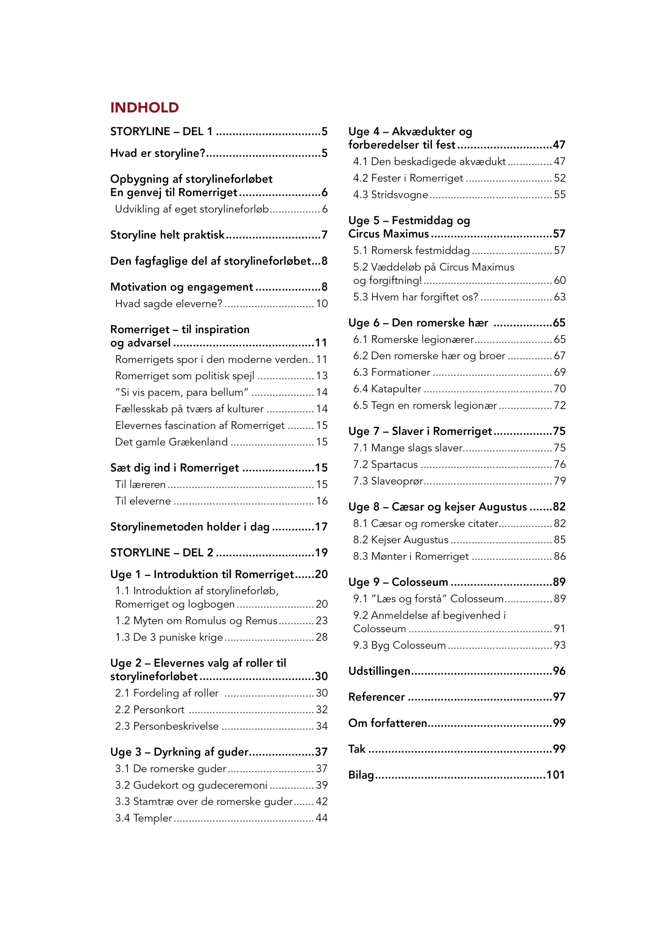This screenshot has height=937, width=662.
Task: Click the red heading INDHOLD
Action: click(x=144, y=108)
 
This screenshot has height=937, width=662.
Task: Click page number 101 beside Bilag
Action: click(x=555, y=775)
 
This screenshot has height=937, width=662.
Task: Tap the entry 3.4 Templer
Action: click(x=144, y=818)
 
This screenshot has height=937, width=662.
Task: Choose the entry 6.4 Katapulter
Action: click(x=387, y=389)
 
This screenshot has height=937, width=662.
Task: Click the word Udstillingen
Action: click(x=379, y=671)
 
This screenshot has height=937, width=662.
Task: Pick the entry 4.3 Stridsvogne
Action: click(x=390, y=195)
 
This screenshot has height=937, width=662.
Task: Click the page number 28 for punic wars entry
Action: click(x=321, y=638)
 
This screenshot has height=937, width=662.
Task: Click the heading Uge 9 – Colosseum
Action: click(x=398, y=582)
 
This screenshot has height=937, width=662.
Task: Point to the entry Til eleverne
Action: click(x=143, y=501)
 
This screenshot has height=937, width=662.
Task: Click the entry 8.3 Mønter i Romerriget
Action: click(x=411, y=557)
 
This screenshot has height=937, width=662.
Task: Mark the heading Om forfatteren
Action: click(x=387, y=723)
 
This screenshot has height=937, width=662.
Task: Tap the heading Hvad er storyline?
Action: click(x=157, y=153)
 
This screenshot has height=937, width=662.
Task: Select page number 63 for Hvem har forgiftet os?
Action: click(x=559, y=297)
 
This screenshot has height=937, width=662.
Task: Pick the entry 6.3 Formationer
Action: click(x=392, y=373)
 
